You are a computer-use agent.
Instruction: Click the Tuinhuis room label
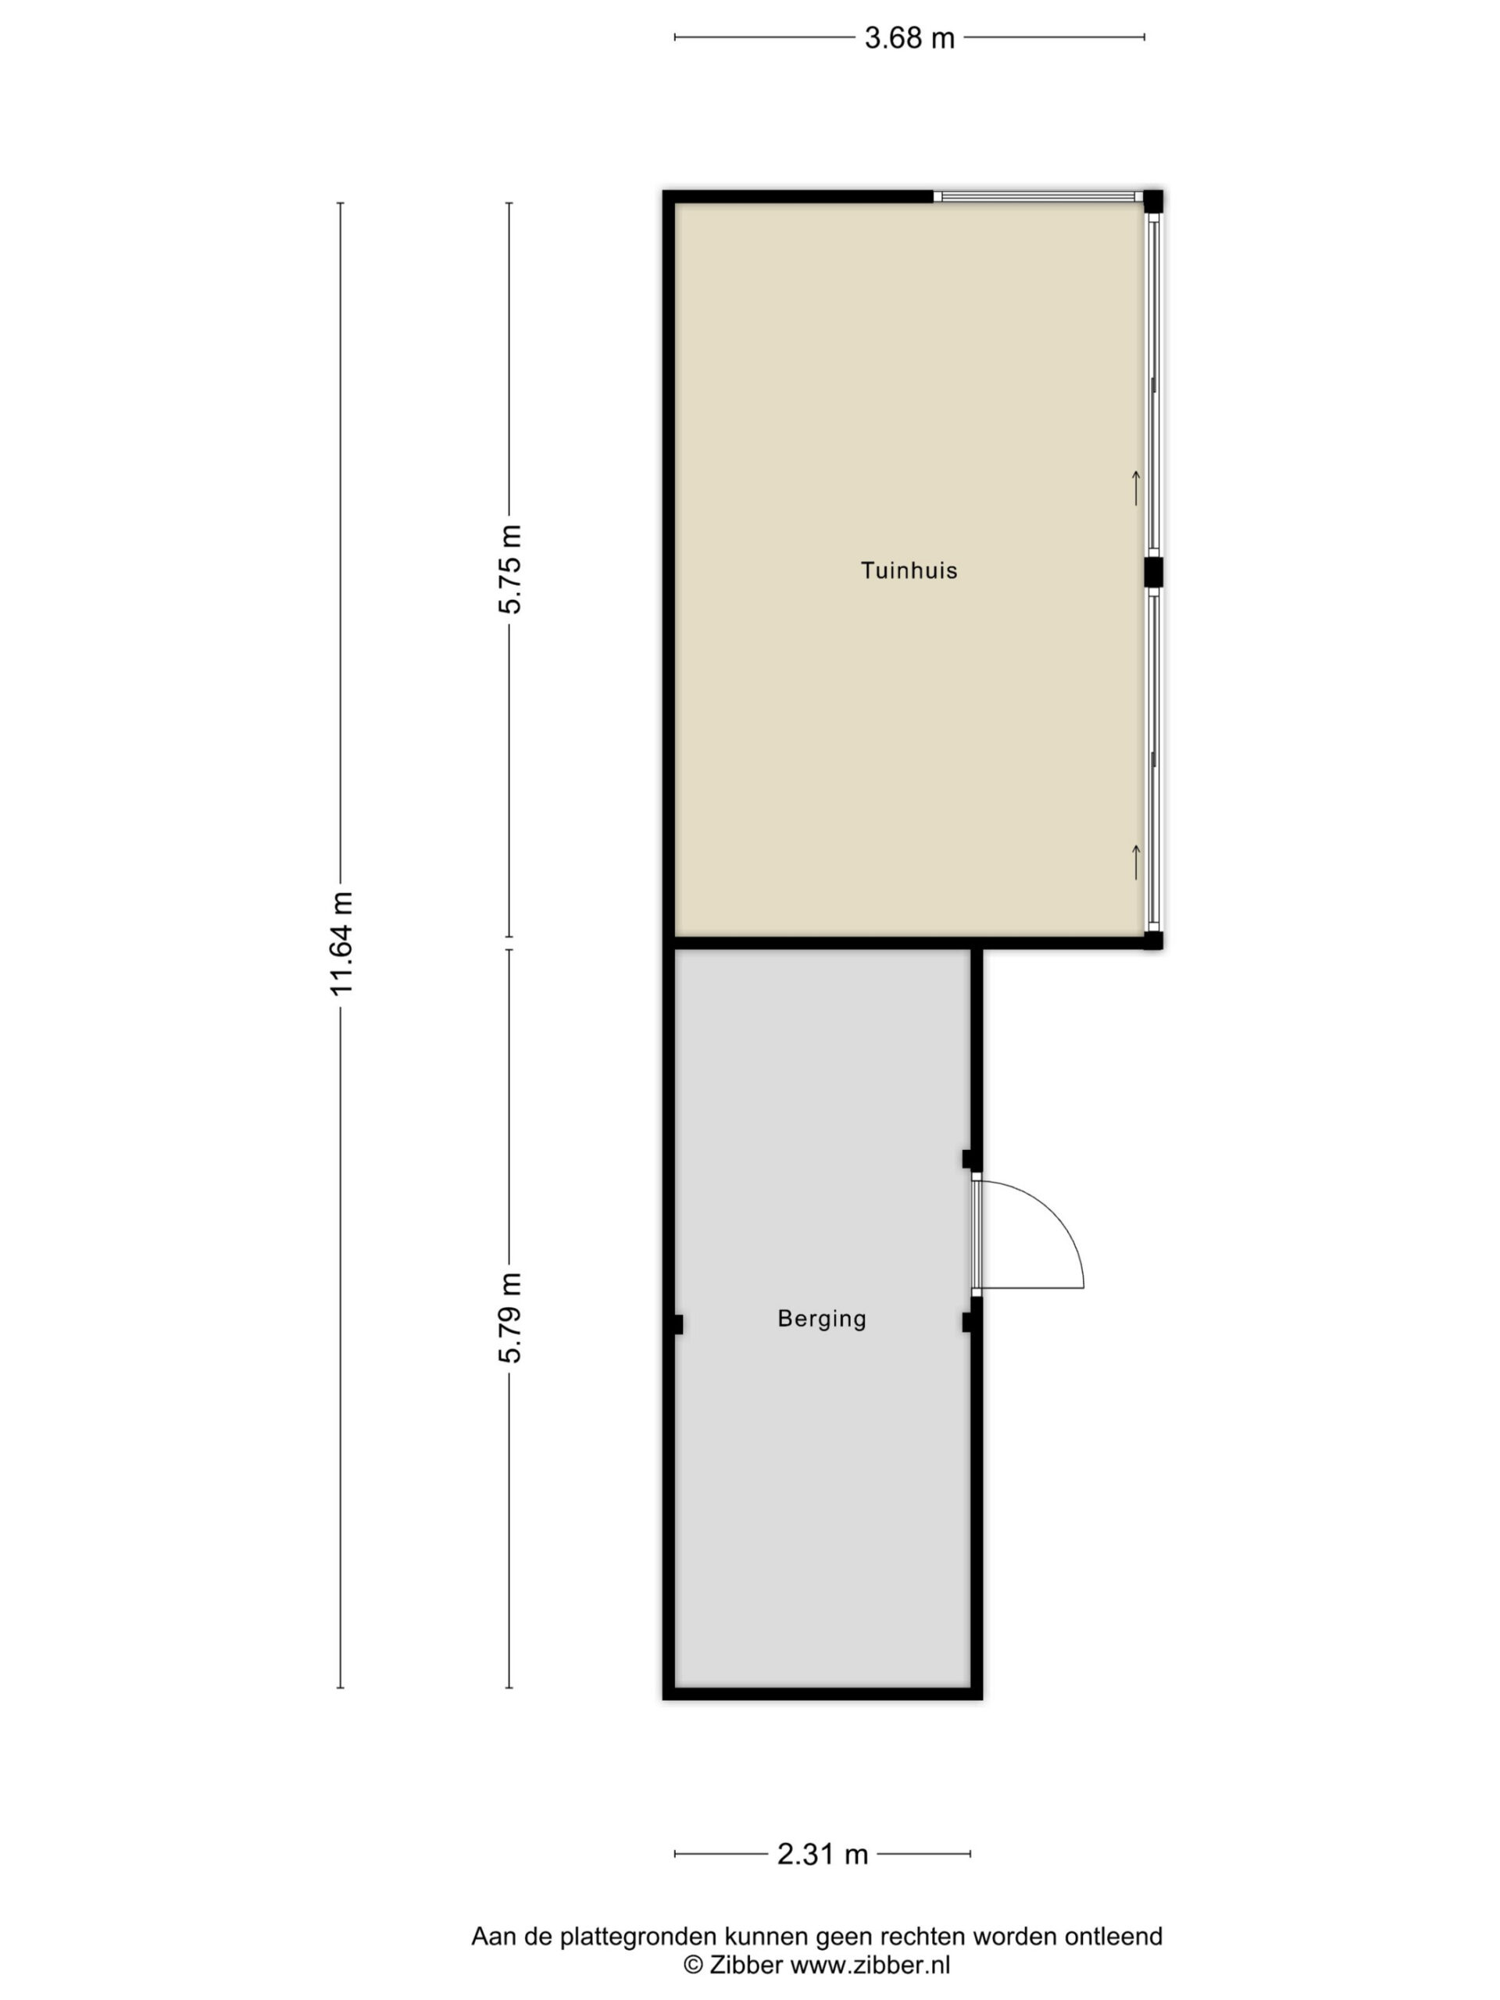909,570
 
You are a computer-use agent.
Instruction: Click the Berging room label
822,1320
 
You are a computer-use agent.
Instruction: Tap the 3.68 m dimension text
909,38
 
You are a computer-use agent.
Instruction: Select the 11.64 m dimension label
341,943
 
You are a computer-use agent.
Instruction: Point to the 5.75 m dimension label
510,570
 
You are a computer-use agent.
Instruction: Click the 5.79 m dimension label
510,1317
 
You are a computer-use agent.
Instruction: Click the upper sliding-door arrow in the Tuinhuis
1136,488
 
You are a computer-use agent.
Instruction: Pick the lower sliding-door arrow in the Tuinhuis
1136,861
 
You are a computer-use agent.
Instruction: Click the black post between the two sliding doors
1153,573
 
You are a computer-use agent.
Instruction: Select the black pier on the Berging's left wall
678,1324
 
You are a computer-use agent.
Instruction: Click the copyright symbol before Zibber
693,1965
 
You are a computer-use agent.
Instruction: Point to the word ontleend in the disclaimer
1113,1937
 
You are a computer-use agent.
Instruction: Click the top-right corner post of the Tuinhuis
1153,201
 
